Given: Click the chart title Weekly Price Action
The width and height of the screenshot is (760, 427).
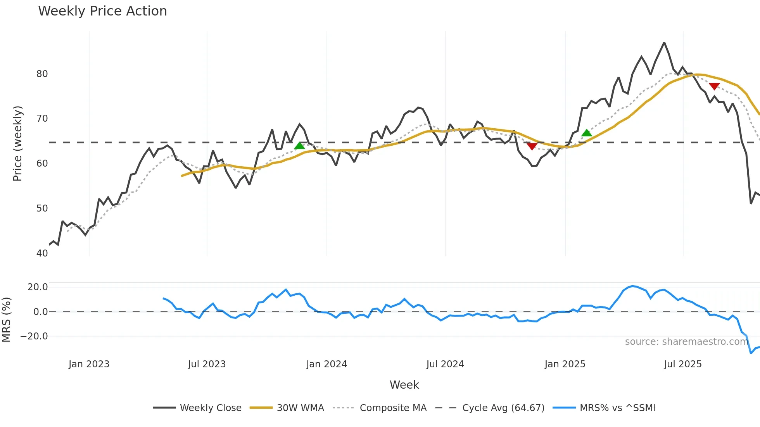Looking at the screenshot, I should coord(102,11).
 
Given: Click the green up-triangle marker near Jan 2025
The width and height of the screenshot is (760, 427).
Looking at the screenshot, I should coord(587,133).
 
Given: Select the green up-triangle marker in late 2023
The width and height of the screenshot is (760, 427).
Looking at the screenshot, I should coord(300,146).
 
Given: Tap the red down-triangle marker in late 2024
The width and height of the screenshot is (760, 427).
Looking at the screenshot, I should coord(532,146).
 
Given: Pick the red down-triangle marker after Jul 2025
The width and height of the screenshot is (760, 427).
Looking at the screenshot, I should coord(714,86).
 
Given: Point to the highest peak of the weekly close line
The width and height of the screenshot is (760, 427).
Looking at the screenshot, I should coord(664,43).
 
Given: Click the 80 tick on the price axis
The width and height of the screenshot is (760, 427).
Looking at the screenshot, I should coord(42,74).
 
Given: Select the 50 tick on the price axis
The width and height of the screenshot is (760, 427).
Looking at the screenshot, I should coord(42,208).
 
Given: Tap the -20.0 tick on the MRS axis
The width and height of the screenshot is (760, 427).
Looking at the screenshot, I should coord(34,336).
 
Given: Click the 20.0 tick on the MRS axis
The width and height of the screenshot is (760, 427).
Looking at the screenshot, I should coord(37,287).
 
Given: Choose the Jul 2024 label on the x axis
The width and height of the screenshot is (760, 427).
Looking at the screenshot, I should coord(445,364).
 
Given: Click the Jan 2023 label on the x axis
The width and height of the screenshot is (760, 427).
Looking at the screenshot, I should coord(89,364).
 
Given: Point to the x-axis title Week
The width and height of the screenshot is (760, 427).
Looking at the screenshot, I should coord(404,385).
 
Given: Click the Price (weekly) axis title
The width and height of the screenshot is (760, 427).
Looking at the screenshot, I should coord(17,143).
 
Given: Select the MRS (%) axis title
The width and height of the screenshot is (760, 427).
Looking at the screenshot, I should coord(6,320).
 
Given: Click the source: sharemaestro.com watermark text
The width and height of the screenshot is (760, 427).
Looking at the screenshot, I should coord(686,342).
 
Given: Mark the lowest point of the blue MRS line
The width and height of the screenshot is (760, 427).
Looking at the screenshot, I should coord(751,353).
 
